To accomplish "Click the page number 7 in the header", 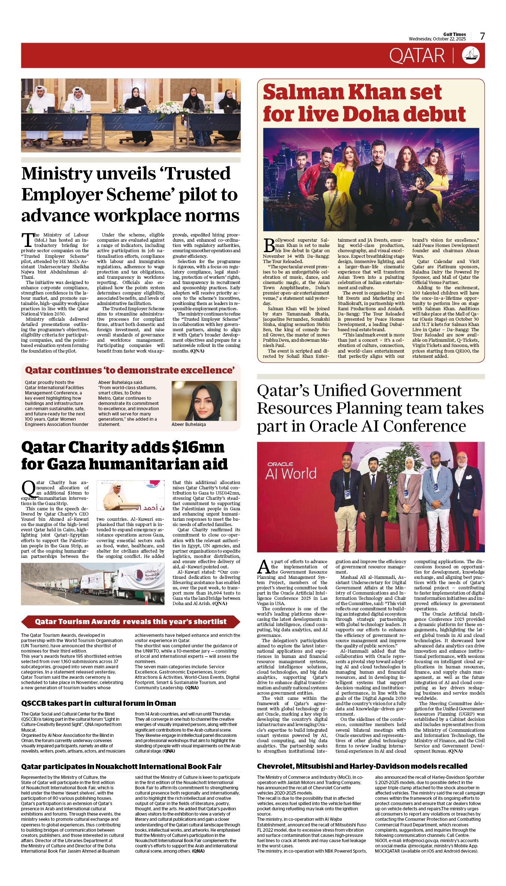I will (x=482, y=36).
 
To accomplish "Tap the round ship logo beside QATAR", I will (x=471, y=55).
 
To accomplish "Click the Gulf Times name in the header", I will (x=454, y=34).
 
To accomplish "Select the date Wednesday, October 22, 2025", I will (x=437, y=39).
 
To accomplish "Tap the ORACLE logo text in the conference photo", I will (x=280, y=464).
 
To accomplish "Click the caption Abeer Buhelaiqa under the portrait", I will (x=188, y=424).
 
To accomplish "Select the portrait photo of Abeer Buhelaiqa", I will (x=204, y=401).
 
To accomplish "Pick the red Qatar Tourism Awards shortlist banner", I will (x=130, y=622).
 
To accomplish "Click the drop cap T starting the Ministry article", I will (x=27, y=240).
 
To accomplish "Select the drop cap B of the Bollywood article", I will (x=269, y=245).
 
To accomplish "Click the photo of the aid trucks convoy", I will (x=93, y=584).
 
